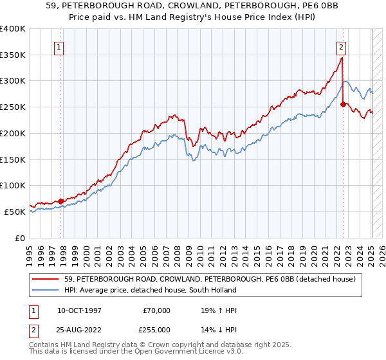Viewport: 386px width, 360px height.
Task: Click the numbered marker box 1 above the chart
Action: [x=59, y=47]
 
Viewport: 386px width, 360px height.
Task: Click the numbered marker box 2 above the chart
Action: [x=340, y=47]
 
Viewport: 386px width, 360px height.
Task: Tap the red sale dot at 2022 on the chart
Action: [x=344, y=104]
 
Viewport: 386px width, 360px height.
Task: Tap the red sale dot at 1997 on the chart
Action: [x=61, y=201]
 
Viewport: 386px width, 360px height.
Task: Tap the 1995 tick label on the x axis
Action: [x=30, y=251]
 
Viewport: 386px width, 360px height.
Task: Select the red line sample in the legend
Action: [x=47, y=278]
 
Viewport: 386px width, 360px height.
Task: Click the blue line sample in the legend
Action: [x=47, y=290]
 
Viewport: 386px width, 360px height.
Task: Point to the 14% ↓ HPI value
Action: [x=219, y=329]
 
